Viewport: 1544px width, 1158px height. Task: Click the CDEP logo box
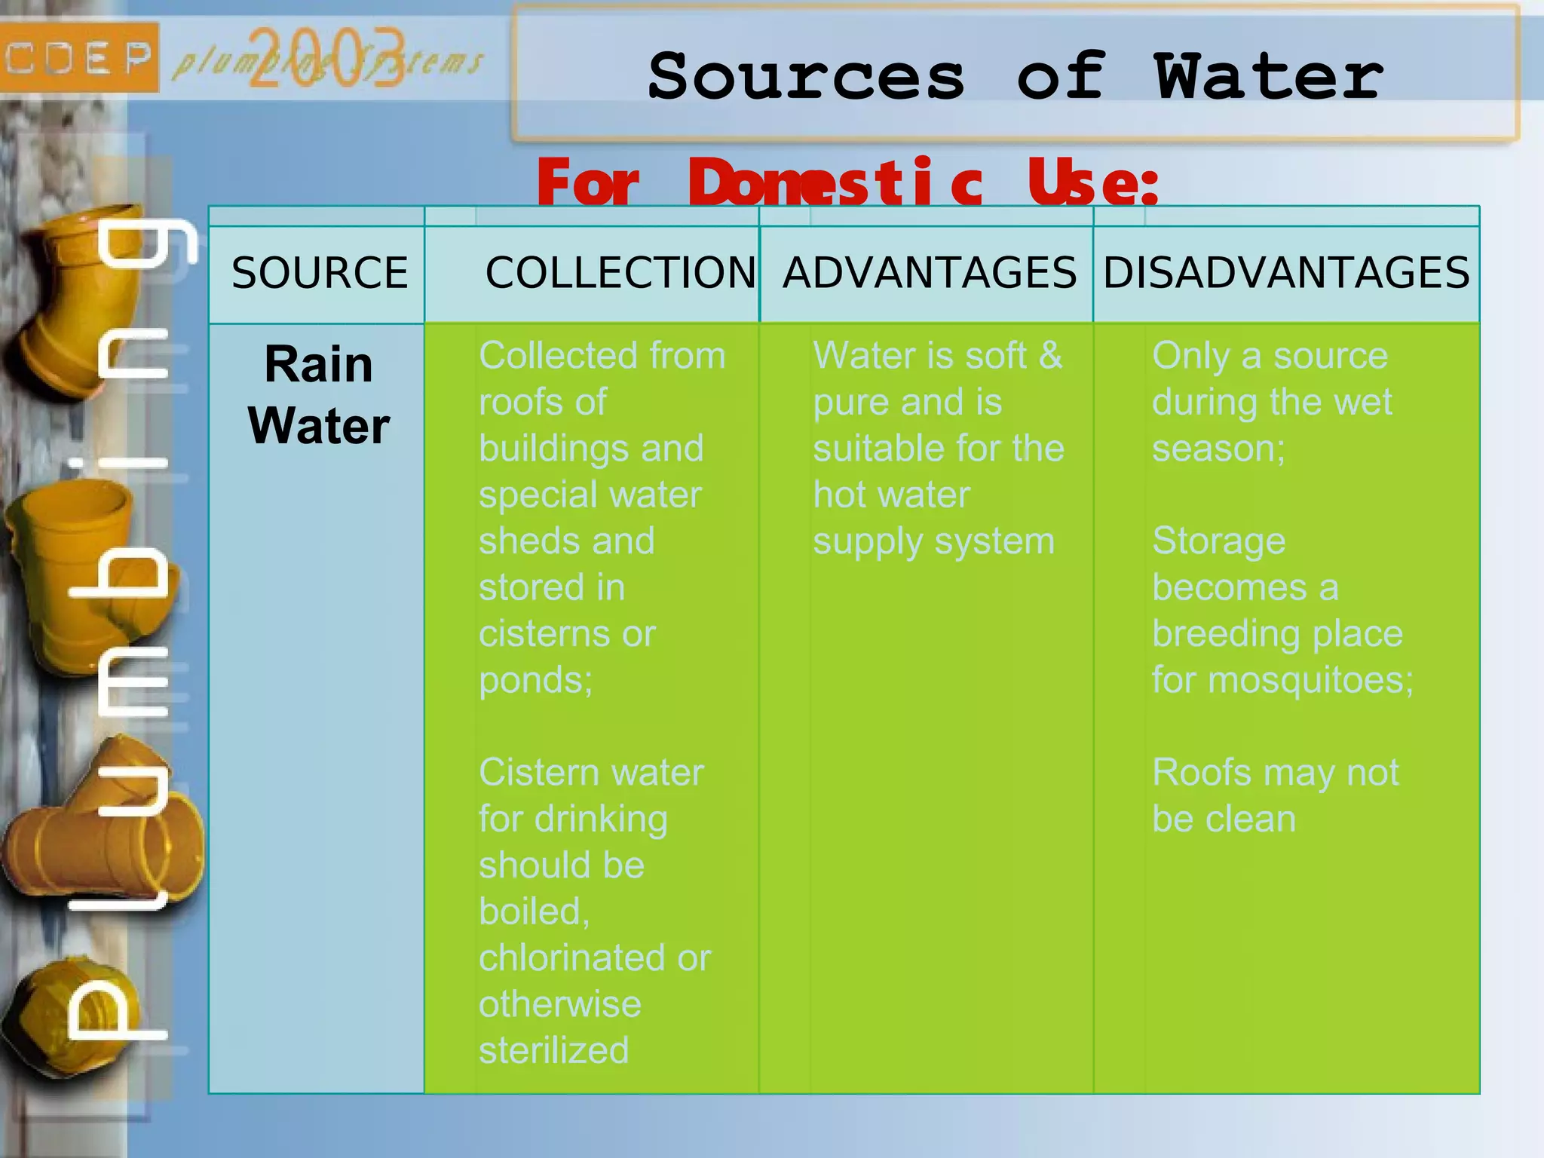click(78, 57)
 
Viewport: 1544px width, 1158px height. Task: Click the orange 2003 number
click(326, 59)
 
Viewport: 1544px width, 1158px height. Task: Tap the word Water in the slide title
click(1269, 77)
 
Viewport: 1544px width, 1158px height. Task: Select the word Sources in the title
click(806, 77)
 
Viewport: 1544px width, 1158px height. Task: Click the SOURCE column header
click(320, 273)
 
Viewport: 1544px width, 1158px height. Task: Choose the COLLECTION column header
click(620, 273)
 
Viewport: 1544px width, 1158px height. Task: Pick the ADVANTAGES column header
click(930, 273)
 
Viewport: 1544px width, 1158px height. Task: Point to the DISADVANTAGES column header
click(1286, 273)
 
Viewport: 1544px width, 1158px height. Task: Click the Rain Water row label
click(319, 395)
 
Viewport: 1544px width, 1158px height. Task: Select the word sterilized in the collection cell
click(554, 1050)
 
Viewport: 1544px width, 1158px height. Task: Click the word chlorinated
click(574, 958)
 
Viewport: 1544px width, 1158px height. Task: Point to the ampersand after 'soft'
click(1050, 355)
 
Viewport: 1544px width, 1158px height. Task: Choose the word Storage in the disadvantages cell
click(1218, 541)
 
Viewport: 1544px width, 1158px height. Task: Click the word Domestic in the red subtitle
click(836, 183)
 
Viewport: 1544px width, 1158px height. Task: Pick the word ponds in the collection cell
click(532, 681)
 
